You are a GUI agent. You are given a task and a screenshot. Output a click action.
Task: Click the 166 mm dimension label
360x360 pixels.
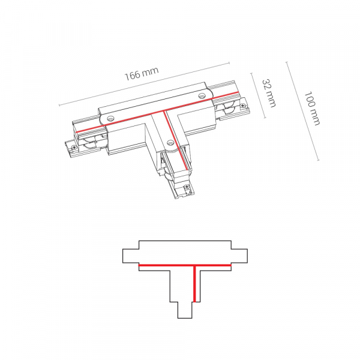point(142,73)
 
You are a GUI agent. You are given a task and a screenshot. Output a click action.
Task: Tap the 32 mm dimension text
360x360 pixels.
point(269,93)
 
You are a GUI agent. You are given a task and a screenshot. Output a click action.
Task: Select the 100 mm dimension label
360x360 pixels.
point(312,109)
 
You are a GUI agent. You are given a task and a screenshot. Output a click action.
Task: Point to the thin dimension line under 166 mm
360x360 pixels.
point(145,84)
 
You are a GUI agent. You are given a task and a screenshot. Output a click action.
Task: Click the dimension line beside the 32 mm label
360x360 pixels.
point(259,95)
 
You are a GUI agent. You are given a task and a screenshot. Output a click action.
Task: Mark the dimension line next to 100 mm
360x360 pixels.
point(302,111)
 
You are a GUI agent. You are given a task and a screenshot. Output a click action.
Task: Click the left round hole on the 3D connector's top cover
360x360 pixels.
point(111,118)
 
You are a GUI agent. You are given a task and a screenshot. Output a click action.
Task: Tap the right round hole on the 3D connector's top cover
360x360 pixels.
point(202,95)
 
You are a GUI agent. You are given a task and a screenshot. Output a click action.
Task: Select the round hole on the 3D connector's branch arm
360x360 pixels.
point(170,143)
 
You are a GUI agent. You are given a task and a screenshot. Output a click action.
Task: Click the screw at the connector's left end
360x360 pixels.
point(74,148)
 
